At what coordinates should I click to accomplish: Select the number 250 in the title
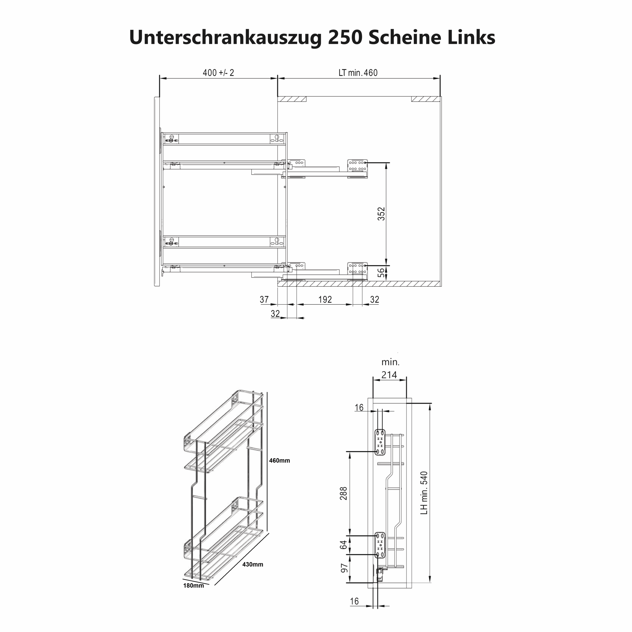(345, 37)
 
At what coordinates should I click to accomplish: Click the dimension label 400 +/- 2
(218, 73)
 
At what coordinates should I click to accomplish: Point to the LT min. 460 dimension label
(358, 73)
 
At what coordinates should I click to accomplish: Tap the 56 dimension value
(381, 273)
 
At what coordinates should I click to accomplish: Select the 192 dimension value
(325, 299)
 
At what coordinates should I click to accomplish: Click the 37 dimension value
(264, 299)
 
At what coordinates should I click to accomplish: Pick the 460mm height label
(279, 461)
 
